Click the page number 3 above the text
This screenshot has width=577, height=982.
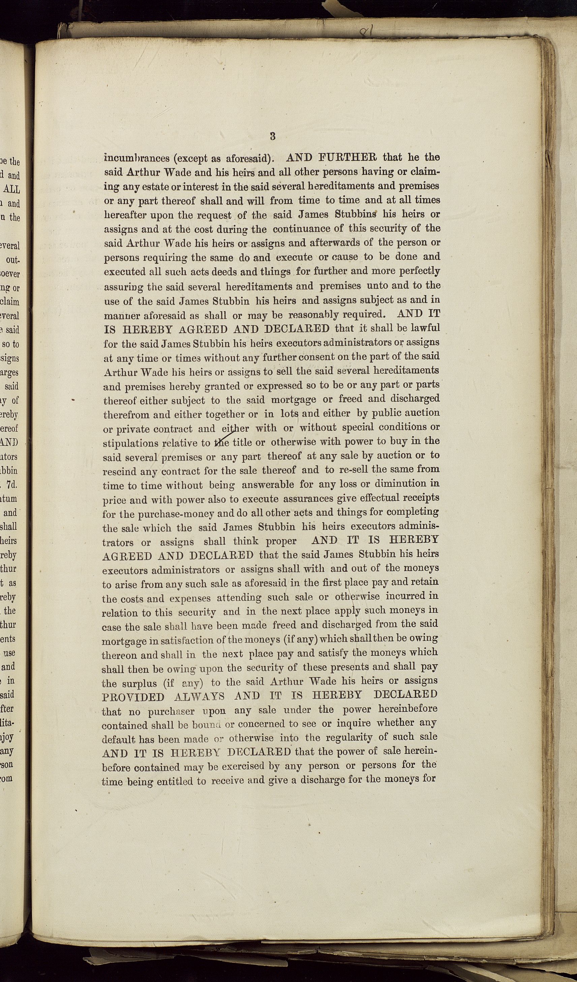click(x=273, y=136)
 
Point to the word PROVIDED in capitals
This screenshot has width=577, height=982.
click(x=133, y=697)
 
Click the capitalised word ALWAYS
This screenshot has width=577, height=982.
click(x=199, y=697)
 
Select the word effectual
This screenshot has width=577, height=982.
click(x=373, y=498)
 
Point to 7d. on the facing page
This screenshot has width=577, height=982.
click(x=12, y=485)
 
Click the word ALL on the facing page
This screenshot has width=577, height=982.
click(x=12, y=190)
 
